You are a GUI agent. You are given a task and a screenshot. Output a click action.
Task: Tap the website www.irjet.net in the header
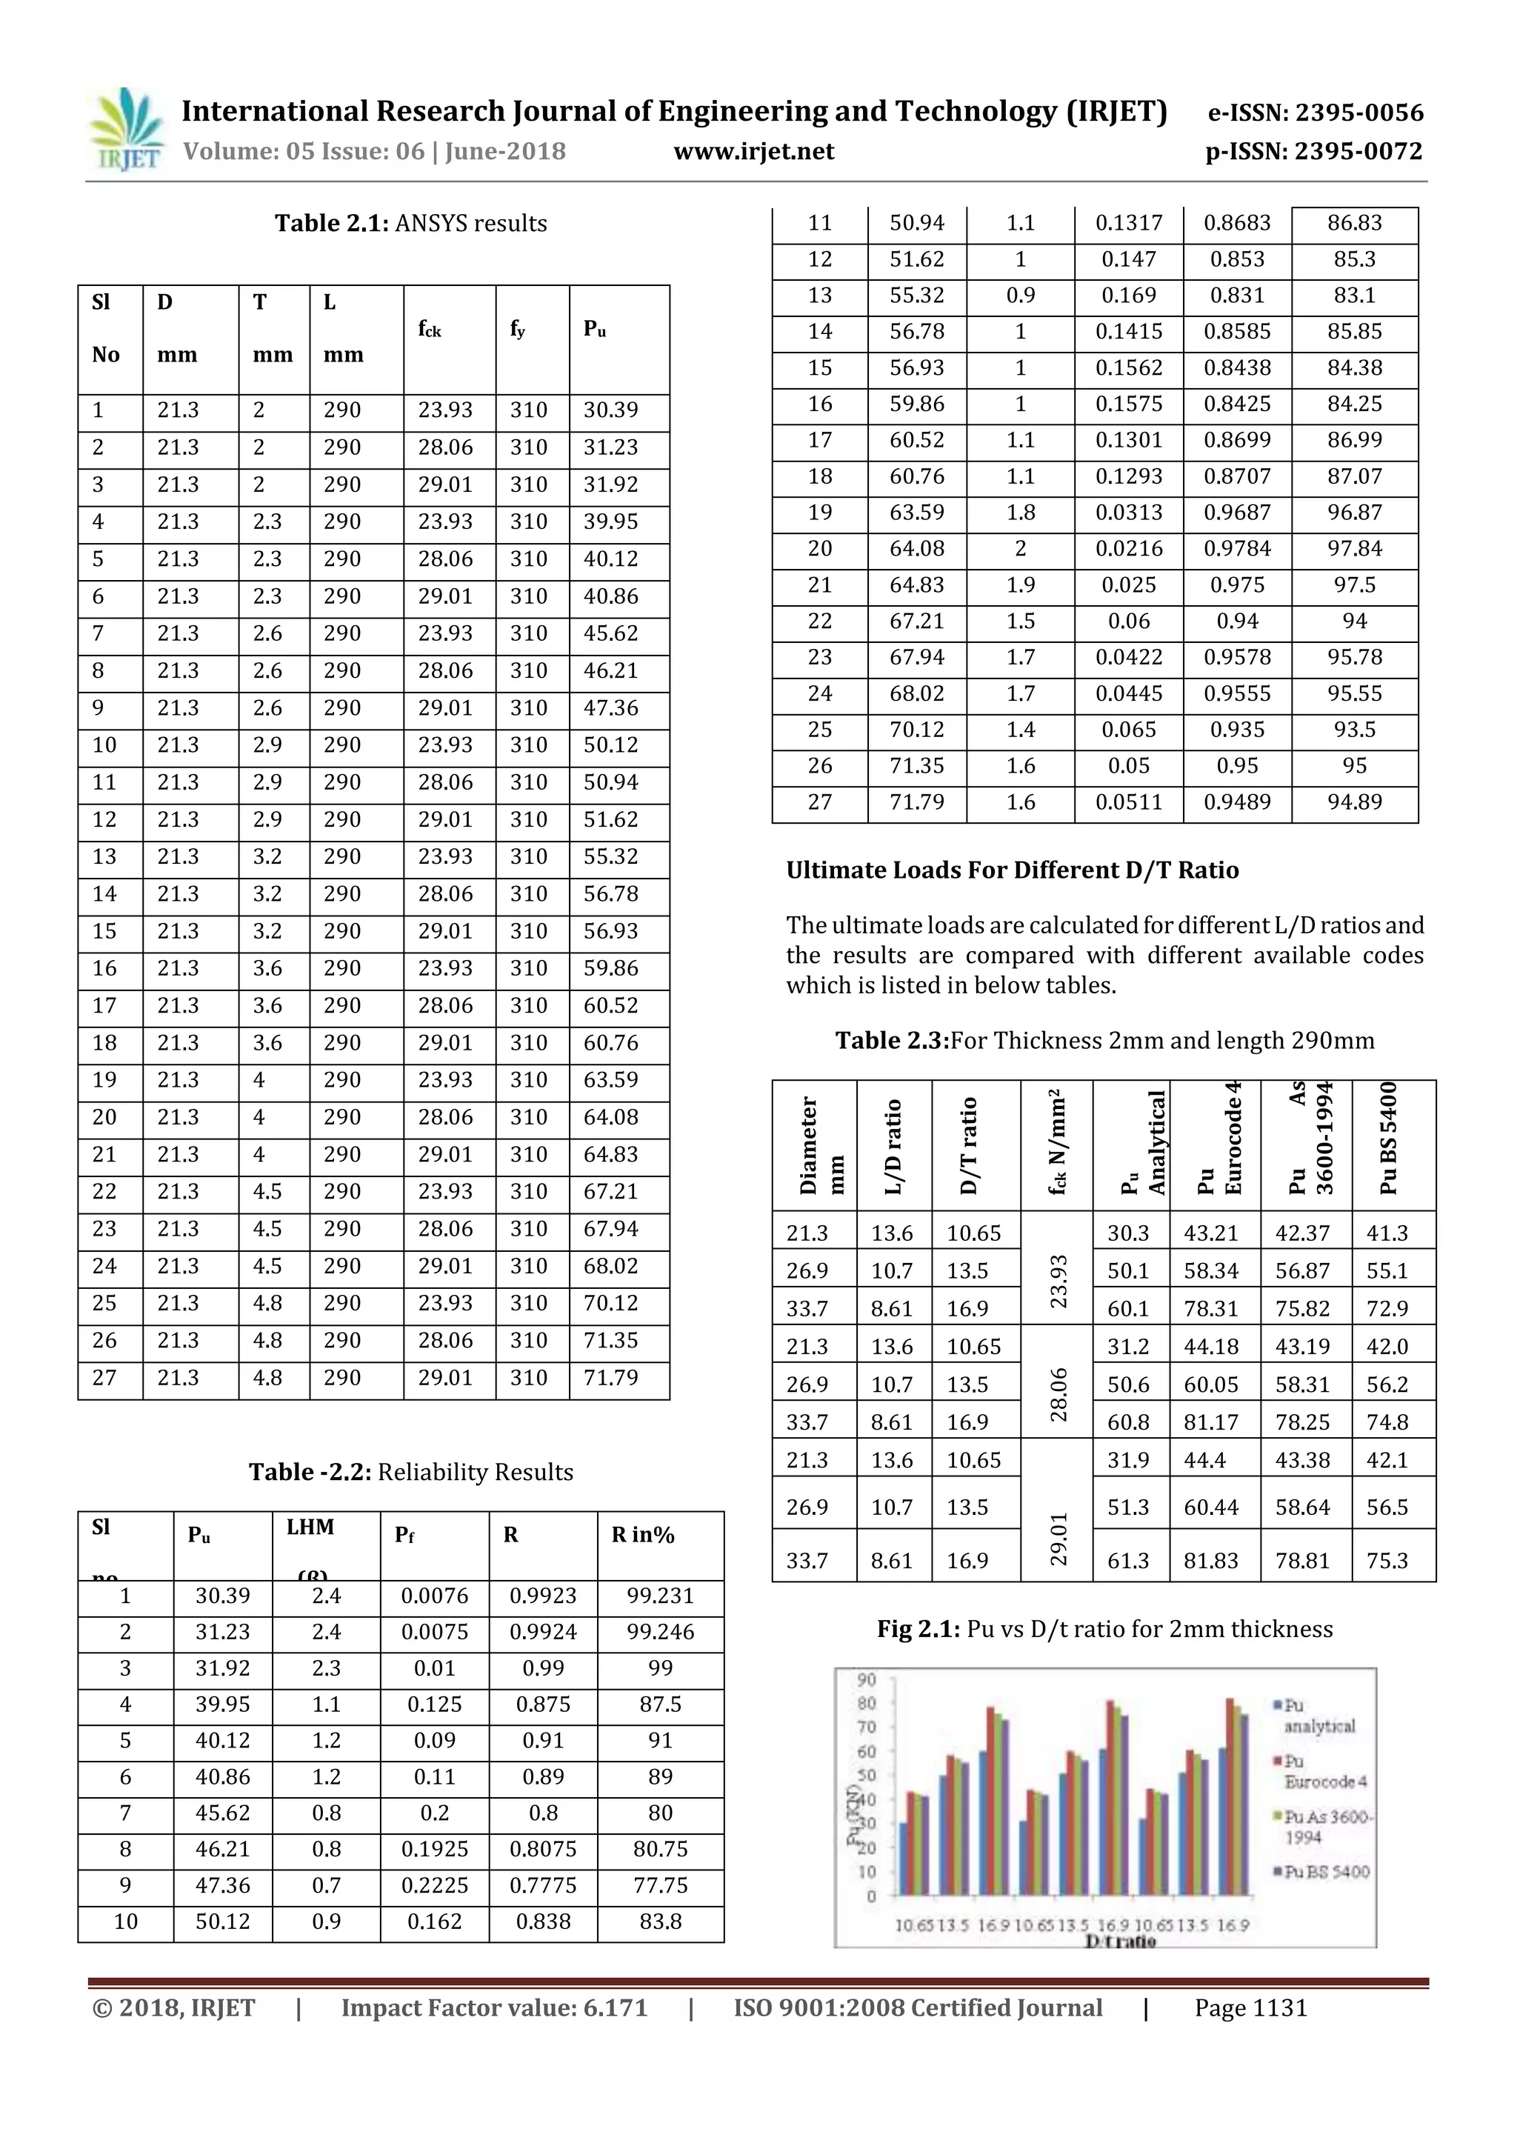coord(753,151)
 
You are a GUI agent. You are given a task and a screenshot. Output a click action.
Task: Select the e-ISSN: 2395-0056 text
coord(1315,113)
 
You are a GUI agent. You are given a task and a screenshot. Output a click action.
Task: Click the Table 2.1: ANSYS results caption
coord(410,224)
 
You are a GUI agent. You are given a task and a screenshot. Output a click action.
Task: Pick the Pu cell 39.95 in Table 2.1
coord(610,521)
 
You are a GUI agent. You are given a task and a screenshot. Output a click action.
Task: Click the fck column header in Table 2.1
coord(430,329)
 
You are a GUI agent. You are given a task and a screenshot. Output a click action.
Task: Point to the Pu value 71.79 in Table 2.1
coord(610,1378)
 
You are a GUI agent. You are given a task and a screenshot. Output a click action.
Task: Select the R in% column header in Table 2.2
coord(643,1535)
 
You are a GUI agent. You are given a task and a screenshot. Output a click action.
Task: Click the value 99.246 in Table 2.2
coord(660,1632)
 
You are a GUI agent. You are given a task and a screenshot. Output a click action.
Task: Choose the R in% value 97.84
coord(1354,549)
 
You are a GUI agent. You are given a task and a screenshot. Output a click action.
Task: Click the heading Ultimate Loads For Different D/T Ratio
coord(1013,870)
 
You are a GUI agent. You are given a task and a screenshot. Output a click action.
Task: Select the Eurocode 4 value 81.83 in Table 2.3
coord(1210,1561)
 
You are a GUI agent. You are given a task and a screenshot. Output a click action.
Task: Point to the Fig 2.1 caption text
coord(1104,1629)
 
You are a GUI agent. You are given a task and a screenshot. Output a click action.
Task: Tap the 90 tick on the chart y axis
coord(867,1679)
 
